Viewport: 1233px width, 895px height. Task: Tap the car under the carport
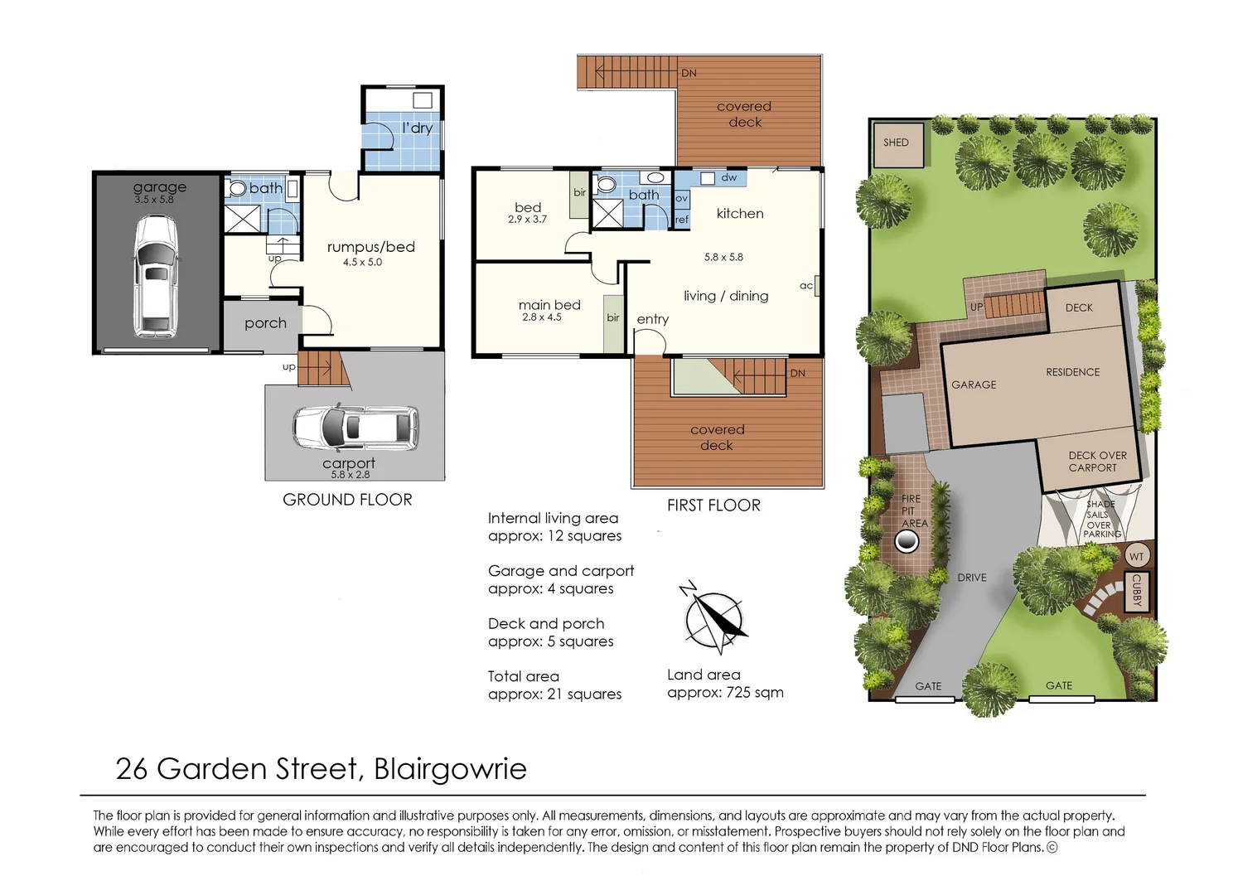(x=355, y=428)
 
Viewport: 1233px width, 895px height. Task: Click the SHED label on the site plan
(x=896, y=143)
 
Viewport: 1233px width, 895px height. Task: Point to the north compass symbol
(x=713, y=619)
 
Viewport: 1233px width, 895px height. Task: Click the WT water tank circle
(x=1137, y=557)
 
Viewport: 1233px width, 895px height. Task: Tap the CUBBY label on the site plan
(x=1137, y=591)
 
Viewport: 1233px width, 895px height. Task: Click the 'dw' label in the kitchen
(x=729, y=177)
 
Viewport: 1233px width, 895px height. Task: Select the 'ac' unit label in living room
(x=806, y=286)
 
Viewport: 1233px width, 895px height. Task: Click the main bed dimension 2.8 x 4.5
(x=542, y=317)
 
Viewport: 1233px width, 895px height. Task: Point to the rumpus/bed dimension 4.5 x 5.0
(x=363, y=262)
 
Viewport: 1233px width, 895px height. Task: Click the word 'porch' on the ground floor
(x=265, y=323)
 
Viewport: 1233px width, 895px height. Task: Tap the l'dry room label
(x=417, y=128)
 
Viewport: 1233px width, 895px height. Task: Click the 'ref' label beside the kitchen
(x=681, y=220)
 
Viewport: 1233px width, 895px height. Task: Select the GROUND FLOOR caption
(x=347, y=500)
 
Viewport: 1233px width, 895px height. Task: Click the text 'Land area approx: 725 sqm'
(x=724, y=684)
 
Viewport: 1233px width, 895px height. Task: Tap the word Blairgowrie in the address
(x=450, y=769)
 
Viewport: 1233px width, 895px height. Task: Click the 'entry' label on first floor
(x=653, y=319)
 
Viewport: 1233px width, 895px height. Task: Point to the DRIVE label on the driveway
(x=972, y=578)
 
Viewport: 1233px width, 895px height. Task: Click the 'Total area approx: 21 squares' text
(x=554, y=685)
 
